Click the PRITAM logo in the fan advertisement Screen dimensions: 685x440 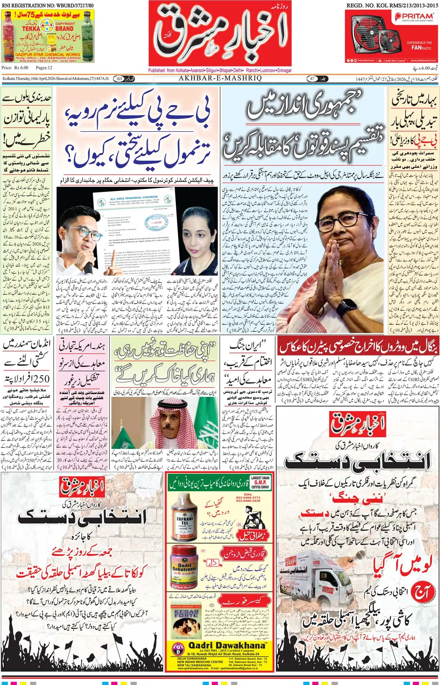pyautogui.click(x=414, y=17)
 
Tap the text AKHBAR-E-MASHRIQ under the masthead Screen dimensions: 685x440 pyautogui.click(x=220, y=78)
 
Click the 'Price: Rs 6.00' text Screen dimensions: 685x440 pyautogui.click(x=15, y=68)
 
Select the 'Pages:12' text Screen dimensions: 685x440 pyautogui.click(x=44, y=68)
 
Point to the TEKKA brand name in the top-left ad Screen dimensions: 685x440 pyautogui.click(x=31, y=28)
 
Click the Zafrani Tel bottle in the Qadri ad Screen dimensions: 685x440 pyautogui.click(x=184, y=517)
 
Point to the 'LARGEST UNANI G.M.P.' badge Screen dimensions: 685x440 pyautogui.click(x=260, y=482)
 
